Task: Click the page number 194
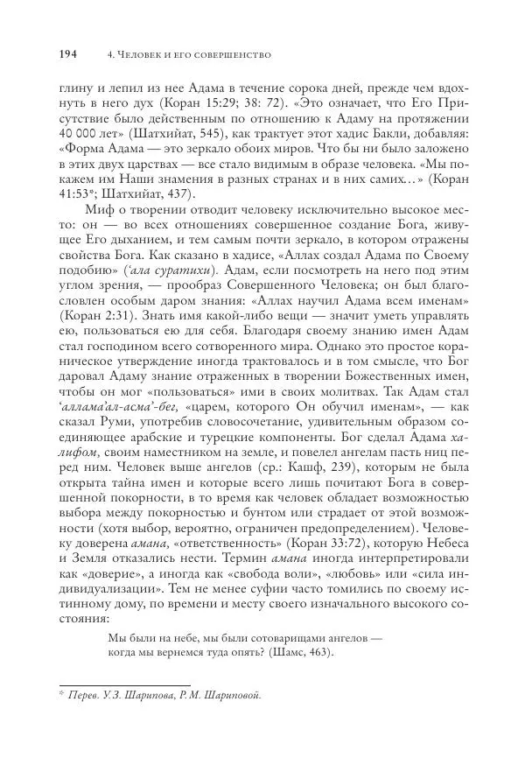(67, 54)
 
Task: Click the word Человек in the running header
(129, 55)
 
